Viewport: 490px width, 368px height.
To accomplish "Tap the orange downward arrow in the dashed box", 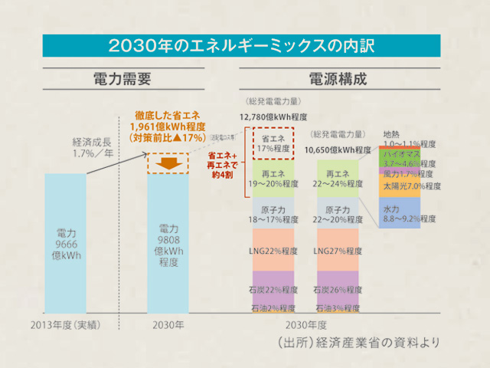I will [167, 162].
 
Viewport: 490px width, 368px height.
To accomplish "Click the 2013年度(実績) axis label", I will [65, 324].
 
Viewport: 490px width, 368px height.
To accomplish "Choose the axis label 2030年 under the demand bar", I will [168, 324].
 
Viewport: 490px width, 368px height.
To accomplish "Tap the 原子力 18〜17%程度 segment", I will [273, 214].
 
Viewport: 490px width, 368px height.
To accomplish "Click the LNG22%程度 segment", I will [273, 251].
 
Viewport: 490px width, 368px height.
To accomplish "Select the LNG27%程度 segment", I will [338, 251].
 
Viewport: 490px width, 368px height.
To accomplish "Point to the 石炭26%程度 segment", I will [338, 291].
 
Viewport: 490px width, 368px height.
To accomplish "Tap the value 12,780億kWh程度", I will [273, 117].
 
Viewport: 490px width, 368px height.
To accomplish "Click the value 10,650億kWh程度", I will [338, 150].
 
